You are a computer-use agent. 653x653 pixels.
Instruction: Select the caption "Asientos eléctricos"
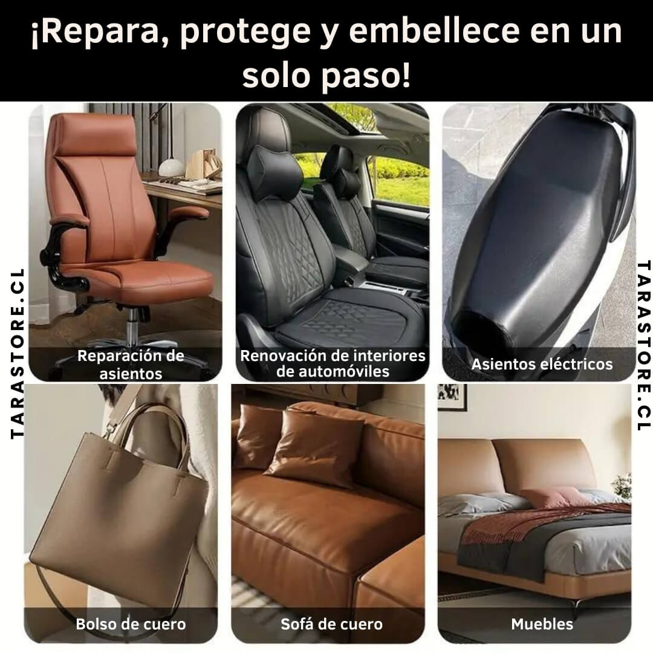pos(542,365)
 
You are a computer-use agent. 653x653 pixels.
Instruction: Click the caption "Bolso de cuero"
pos(131,624)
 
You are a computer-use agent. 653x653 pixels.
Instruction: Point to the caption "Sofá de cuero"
pos(331,624)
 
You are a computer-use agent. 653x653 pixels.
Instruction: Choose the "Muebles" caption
pos(542,624)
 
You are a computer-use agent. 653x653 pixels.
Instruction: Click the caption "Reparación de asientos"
pos(131,365)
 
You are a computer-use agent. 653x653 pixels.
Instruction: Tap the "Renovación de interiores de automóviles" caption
pos(333,363)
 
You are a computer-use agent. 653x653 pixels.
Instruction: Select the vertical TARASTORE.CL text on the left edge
pos(17,354)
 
